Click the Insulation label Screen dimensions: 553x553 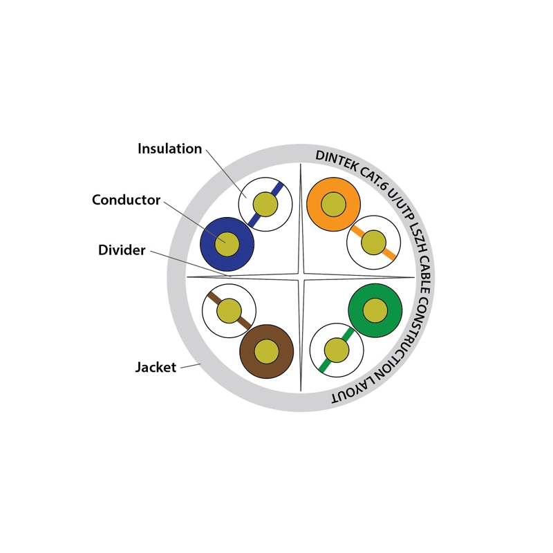point(169,149)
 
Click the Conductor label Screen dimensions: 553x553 point(126,200)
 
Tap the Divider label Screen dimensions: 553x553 point(122,250)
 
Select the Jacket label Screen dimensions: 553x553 point(156,368)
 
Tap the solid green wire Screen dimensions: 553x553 point(375,310)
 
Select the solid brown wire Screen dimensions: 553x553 point(266,351)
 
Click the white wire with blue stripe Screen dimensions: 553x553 point(265,205)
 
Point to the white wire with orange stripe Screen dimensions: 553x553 point(373,243)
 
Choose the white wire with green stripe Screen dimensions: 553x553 point(337,350)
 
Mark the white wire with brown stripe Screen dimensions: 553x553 point(229,311)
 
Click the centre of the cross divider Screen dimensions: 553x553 point(301,278)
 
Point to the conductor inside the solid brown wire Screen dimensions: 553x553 point(266,352)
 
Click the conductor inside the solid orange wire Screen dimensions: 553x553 point(333,205)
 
